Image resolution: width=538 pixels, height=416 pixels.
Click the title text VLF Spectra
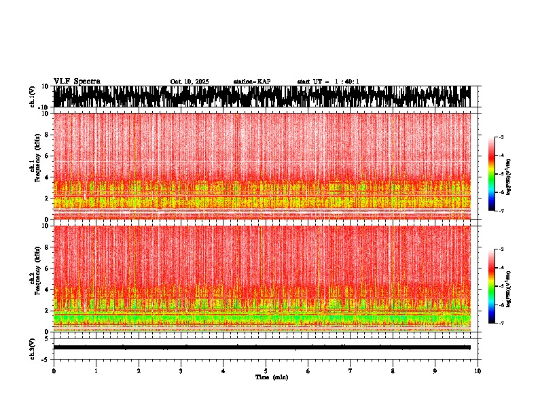[77, 81]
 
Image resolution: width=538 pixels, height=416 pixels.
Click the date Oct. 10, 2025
[190, 82]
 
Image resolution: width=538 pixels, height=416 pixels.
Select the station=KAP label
[251, 82]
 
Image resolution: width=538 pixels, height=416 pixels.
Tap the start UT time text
[328, 82]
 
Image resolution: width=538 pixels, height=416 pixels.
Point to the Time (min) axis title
[271, 377]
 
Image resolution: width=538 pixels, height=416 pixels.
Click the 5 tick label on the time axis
[266, 370]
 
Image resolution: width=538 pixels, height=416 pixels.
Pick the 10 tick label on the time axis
[478, 370]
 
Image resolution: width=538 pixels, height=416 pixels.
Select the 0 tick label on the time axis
[54, 370]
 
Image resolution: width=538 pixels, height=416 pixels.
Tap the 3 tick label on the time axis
[181, 370]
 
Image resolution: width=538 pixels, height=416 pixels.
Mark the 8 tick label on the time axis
[393, 370]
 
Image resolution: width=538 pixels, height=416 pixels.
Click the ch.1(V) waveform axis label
[32, 97]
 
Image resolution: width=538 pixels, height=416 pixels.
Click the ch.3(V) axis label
[32, 347]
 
